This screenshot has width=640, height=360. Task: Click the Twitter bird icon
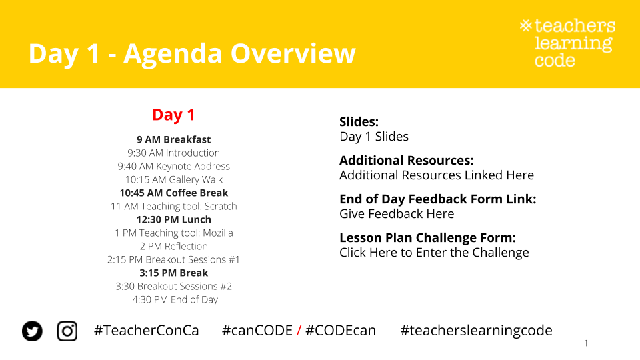32,331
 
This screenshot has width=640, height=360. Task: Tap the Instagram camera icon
67,331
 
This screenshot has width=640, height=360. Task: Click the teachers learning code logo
568,43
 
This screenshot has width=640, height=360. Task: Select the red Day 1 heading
173,115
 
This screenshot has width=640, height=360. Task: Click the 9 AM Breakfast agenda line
173,139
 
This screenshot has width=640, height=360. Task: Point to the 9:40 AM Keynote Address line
173,166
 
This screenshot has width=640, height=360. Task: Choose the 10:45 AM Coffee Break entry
173,193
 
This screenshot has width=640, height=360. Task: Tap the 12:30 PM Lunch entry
173,219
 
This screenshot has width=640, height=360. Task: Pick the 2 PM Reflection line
173,246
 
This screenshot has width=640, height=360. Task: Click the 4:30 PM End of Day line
175,299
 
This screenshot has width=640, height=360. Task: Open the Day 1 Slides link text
374,136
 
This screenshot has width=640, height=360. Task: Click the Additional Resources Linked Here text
437,175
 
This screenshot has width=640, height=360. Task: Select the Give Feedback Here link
397,214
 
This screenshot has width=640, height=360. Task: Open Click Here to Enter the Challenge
434,253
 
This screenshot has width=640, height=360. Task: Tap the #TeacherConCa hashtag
147,330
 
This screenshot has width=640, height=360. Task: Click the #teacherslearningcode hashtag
476,331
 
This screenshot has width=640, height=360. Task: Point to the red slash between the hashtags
299,330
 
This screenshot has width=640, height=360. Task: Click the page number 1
586,343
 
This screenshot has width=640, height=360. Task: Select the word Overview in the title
293,53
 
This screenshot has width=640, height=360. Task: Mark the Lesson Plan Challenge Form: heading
428,237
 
